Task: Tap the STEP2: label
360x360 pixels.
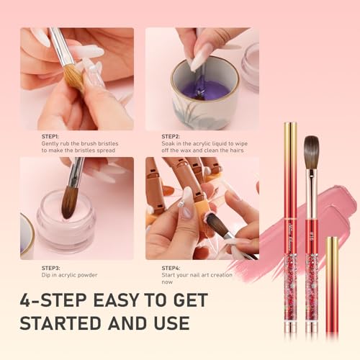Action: click(171, 136)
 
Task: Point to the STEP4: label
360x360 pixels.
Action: click(171, 267)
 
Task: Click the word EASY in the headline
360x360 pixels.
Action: click(143, 299)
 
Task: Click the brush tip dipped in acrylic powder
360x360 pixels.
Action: click(69, 204)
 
